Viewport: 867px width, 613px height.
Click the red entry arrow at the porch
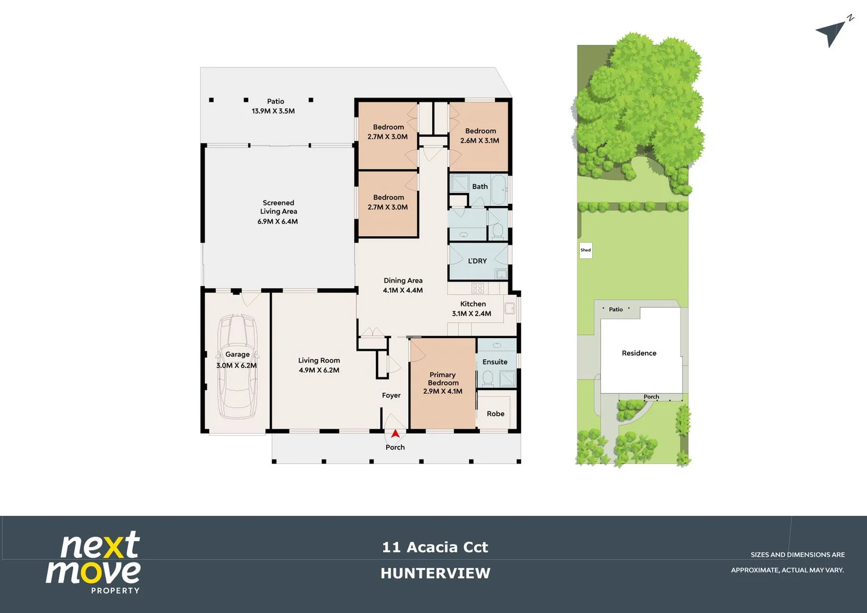[395, 434]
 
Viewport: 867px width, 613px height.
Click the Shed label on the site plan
[585, 250]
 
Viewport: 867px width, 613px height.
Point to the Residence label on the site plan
[639, 353]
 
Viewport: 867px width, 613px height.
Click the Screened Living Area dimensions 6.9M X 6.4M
[278, 221]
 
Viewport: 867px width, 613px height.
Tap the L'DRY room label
[477, 261]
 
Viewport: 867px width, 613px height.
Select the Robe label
[495, 414]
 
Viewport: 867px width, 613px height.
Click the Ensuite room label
[495, 362]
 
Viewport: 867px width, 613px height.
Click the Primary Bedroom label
[443, 379]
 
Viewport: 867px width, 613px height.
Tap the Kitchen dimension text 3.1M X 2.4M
[471, 313]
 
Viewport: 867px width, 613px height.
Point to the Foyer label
[391, 396]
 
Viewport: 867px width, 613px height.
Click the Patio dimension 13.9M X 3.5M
[273, 111]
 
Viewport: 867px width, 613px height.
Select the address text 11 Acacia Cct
[435, 547]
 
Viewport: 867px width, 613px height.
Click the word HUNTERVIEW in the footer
[435, 573]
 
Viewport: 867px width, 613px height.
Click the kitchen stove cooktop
[478, 288]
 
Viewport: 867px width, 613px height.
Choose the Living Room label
[319, 360]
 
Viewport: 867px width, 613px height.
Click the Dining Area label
[403, 280]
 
